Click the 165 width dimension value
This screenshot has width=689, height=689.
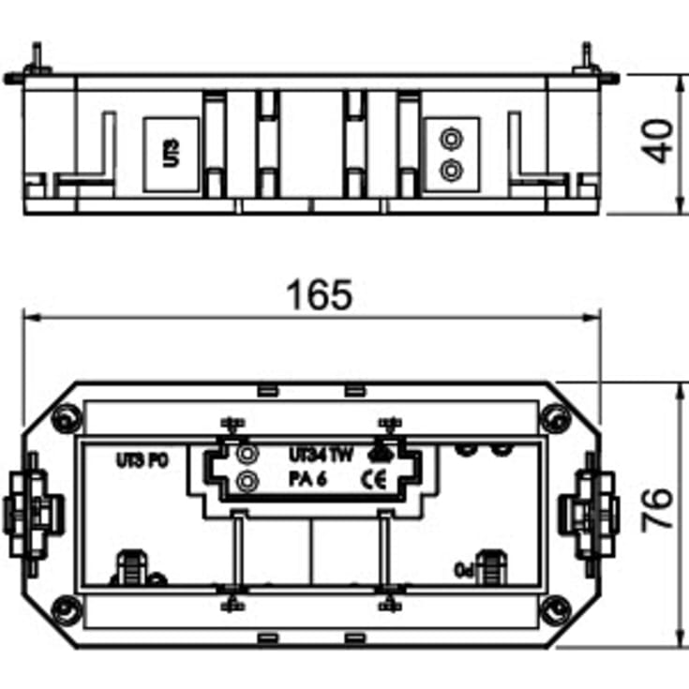pos(322,295)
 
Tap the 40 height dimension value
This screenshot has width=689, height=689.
pos(662,141)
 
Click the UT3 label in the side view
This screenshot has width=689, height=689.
pos(170,154)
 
